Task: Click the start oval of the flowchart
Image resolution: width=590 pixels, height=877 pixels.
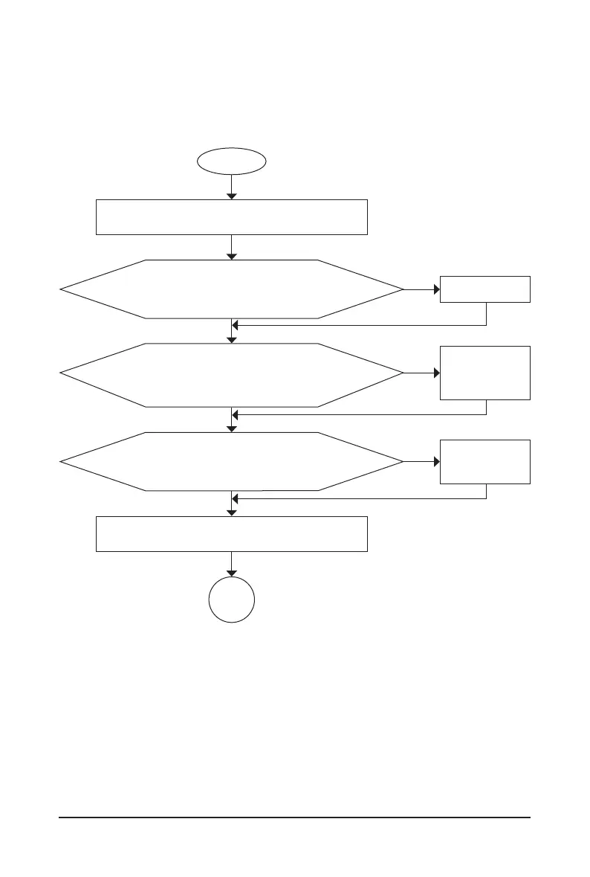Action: pos(231,160)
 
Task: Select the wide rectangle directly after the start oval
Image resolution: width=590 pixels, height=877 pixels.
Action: pos(232,217)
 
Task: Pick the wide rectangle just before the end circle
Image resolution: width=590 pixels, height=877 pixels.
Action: pos(232,533)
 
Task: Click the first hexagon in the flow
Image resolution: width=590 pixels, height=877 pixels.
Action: pos(232,289)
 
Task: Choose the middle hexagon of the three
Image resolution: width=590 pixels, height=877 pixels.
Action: pos(232,375)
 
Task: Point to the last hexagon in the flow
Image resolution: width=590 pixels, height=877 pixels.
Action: pos(232,462)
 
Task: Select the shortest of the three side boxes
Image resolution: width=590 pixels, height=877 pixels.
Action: pos(485,289)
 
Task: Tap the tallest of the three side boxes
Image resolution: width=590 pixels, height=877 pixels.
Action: pos(485,373)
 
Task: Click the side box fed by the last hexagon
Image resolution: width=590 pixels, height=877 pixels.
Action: pos(485,462)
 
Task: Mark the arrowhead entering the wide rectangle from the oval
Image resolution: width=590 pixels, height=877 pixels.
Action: pos(232,196)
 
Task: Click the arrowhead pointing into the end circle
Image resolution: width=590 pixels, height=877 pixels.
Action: pos(232,574)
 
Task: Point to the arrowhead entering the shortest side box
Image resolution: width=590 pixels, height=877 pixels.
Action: pos(437,289)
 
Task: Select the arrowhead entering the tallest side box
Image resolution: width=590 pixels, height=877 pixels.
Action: pos(437,373)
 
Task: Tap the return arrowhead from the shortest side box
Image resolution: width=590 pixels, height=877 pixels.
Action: pos(236,325)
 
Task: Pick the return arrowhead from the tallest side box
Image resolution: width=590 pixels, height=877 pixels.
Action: pos(236,414)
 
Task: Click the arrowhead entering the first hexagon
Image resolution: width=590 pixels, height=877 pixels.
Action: pos(232,256)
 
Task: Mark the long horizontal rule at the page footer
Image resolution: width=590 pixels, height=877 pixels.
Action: pos(295,818)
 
